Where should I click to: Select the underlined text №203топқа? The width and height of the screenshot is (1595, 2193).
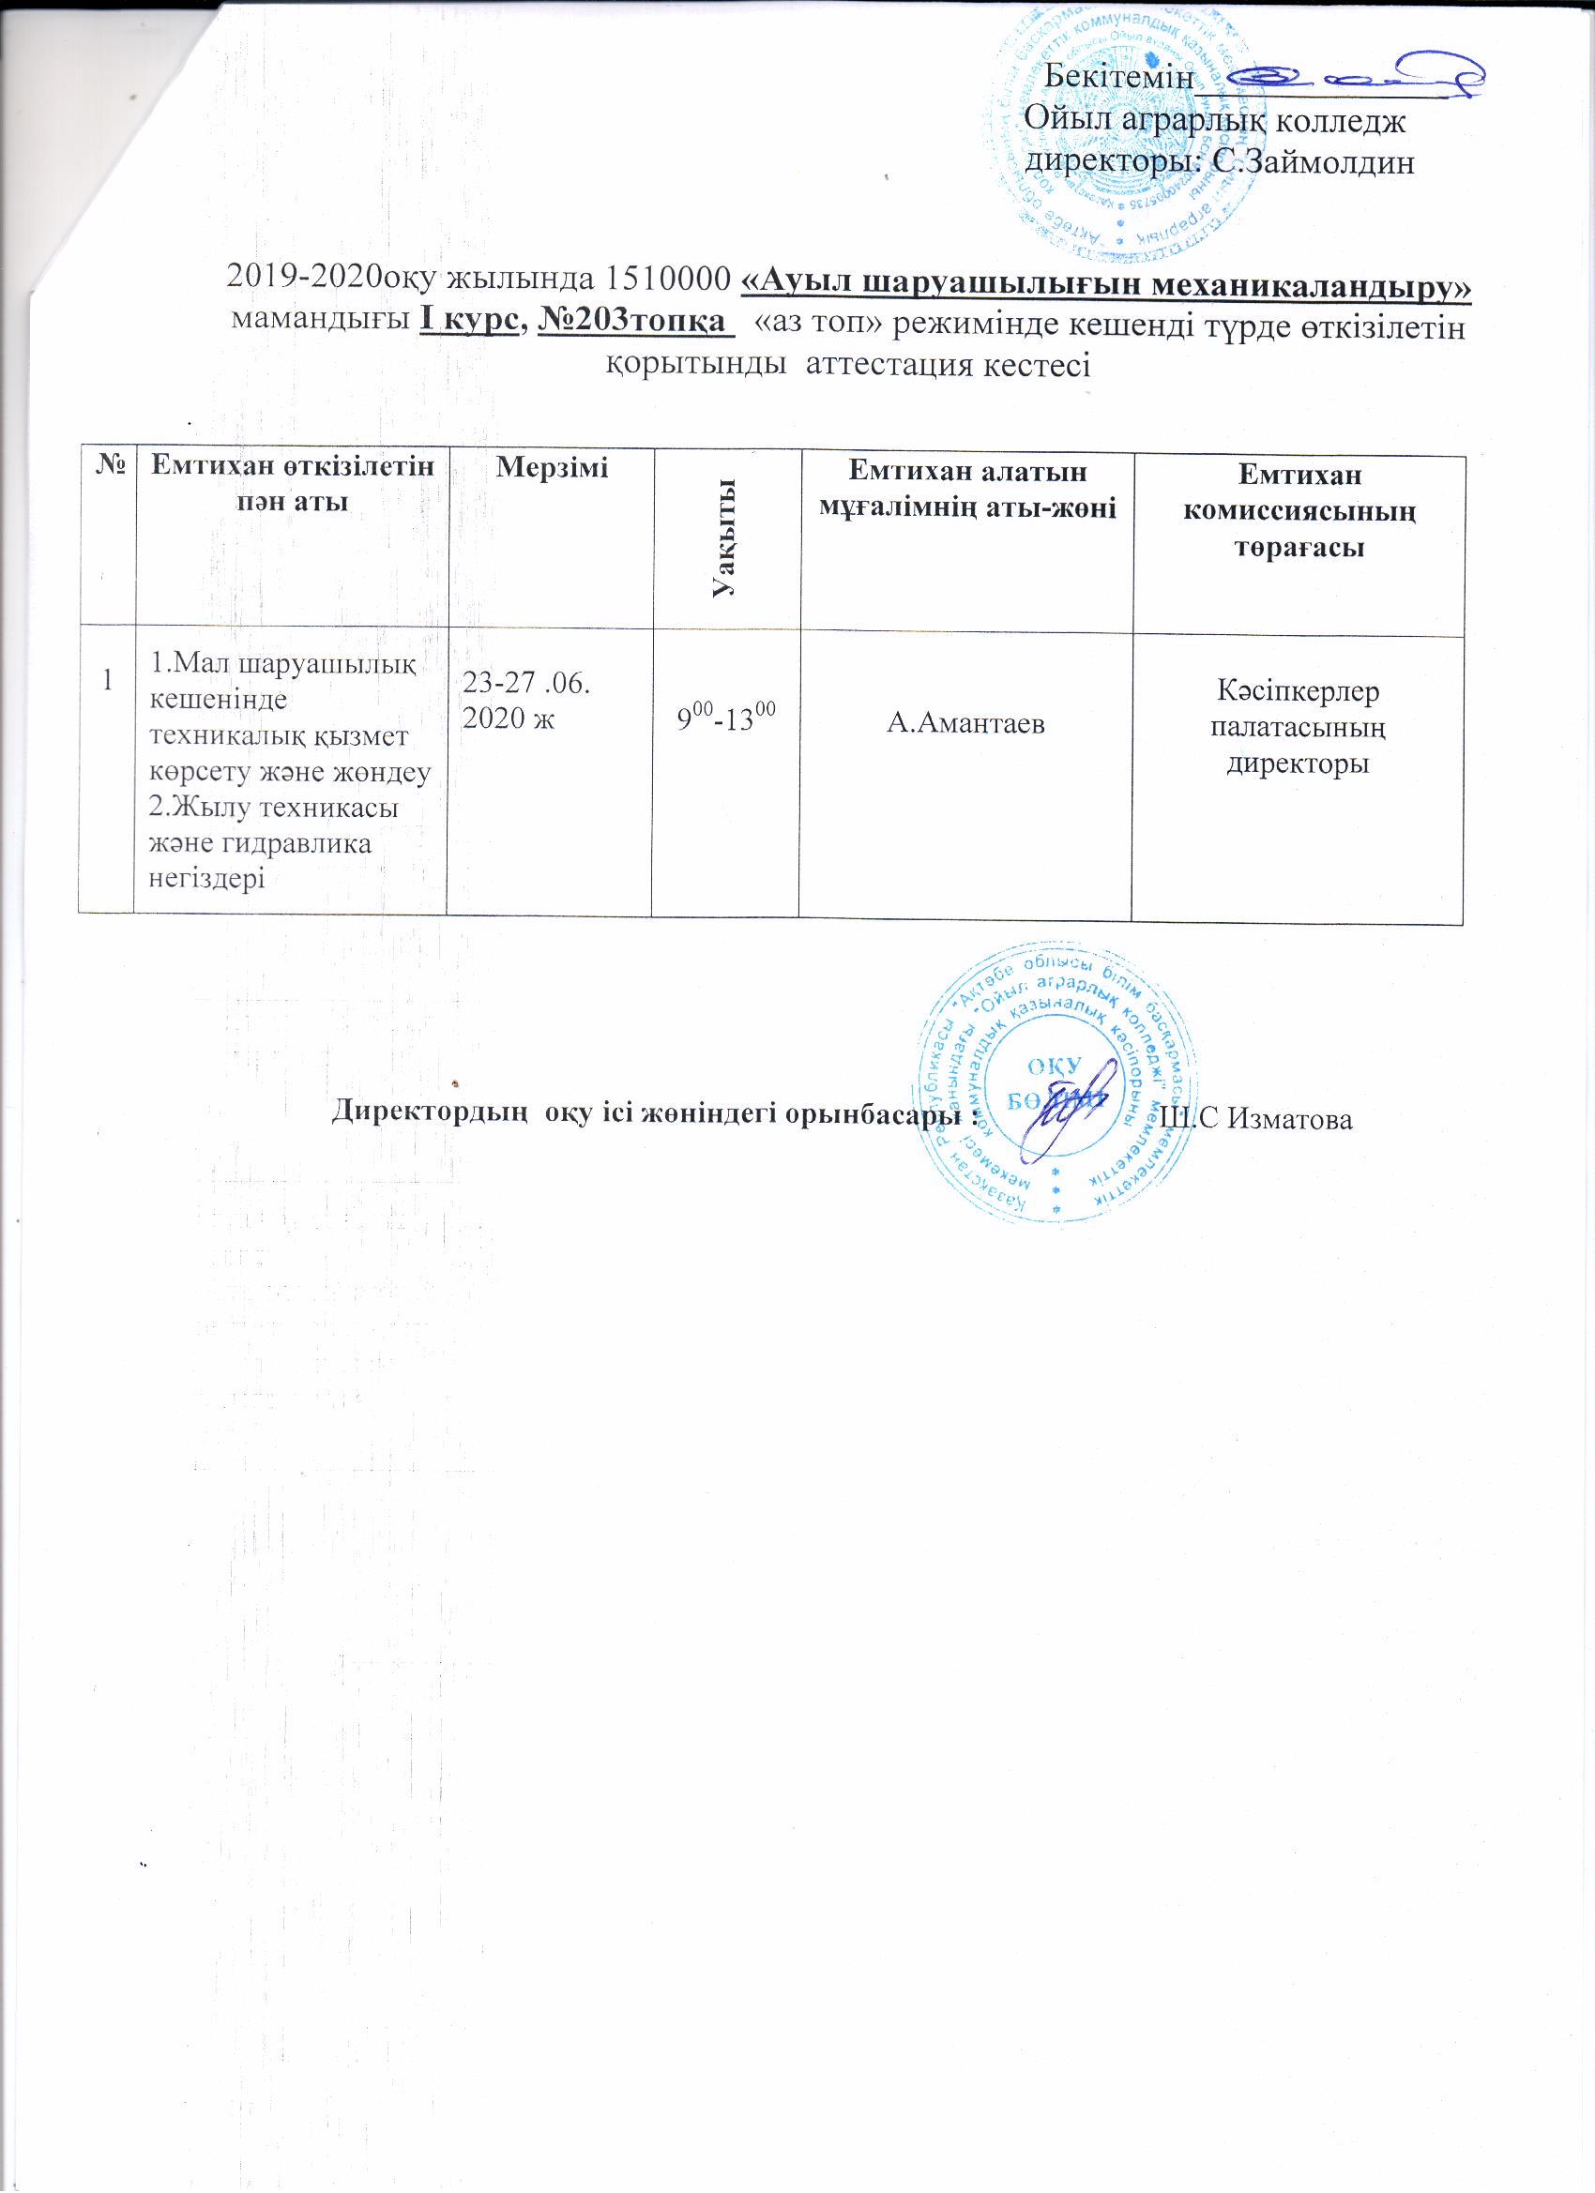[630, 320]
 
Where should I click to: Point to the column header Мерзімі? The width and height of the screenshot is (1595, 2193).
[552, 468]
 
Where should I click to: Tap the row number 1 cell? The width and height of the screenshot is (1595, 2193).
[107, 679]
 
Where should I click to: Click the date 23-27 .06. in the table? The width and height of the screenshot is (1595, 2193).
[526, 684]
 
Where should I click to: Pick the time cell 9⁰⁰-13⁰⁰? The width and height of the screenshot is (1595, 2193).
[725, 718]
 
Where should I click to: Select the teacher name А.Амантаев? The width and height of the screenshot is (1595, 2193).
[965, 723]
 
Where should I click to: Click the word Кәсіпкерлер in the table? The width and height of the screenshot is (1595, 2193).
[1299, 691]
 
